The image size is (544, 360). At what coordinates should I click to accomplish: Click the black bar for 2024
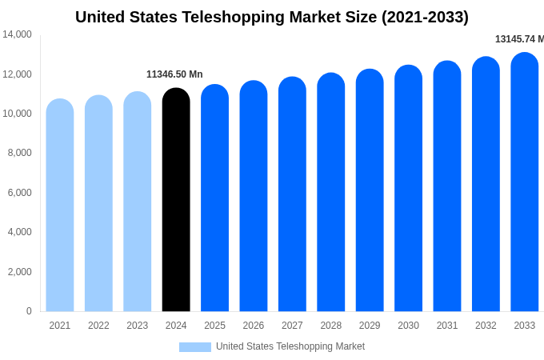(176, 200)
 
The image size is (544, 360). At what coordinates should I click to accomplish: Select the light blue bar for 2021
(60, 206)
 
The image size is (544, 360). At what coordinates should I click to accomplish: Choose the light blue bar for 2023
(138, 202)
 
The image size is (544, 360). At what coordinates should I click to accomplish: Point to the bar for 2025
(214, 198)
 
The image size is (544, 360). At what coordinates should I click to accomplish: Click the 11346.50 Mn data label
(174, 74)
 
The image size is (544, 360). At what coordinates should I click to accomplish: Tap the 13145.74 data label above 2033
(518, 39)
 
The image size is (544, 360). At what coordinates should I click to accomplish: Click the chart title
(272, 17)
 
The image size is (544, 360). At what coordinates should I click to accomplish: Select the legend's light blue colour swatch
(194, 347)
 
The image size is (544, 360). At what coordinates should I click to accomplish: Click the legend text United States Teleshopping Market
(290, 346)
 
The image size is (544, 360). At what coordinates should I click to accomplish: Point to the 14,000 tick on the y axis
(17, 34)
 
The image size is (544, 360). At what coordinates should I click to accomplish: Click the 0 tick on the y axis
(29, 311)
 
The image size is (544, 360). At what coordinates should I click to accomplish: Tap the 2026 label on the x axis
(254, 326)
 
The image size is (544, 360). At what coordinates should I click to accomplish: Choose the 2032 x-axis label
(486, 326)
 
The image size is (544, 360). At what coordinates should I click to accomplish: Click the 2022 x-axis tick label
(98, 326)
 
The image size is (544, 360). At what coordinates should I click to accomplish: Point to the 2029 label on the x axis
(370, 326)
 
